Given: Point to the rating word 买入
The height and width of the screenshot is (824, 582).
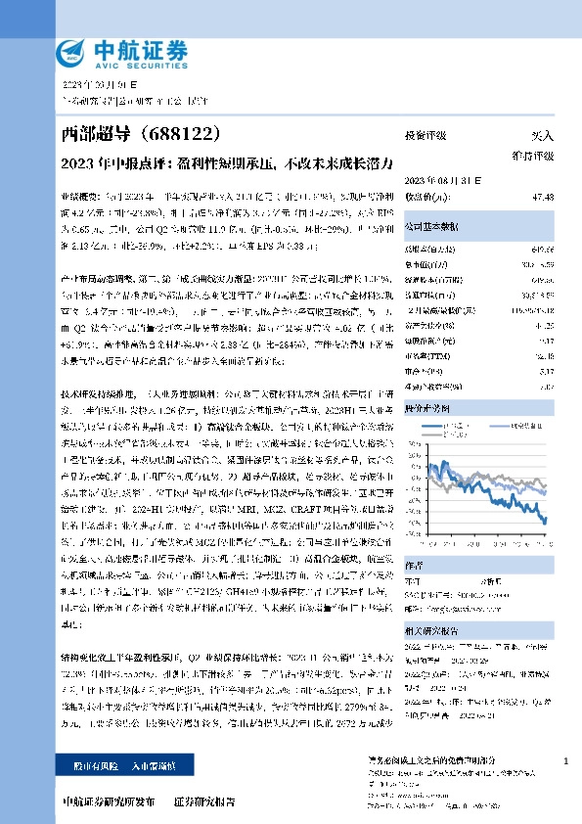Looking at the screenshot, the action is point(542,136).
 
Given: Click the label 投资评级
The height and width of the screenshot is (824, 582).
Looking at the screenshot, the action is point(426,136).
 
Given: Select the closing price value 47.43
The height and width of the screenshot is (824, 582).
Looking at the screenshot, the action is point(543,196).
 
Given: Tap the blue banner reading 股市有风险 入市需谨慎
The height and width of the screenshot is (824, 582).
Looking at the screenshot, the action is point(120,762).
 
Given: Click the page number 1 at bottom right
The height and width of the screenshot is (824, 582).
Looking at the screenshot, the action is point(566,761).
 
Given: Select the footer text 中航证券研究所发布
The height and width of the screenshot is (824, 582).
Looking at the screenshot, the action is point(108,801).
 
